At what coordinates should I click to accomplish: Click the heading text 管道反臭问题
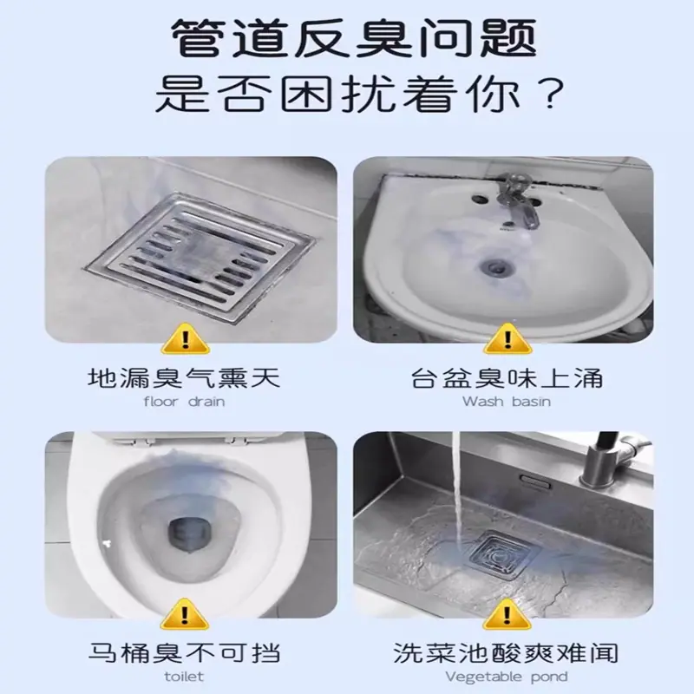[354, 38]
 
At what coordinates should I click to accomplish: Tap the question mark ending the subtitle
[550, 93]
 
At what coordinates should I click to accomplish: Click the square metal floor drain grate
[200, 257]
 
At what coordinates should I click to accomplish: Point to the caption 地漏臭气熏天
[184, 378]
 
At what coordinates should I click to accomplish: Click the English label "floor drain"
[184, 402]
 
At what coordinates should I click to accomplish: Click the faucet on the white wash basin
[518, 200]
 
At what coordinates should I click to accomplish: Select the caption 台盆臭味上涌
[507, 378]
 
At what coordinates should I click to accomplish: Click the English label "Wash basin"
[507, 402]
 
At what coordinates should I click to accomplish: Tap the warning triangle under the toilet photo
[185, 614]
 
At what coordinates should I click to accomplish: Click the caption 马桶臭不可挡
[184, 653]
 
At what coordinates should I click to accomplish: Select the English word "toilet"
[184, 677]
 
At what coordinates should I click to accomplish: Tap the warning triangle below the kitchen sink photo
[507, 614]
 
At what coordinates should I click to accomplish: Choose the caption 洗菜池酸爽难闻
[506, 653]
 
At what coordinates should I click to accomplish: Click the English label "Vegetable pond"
[507, 678]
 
